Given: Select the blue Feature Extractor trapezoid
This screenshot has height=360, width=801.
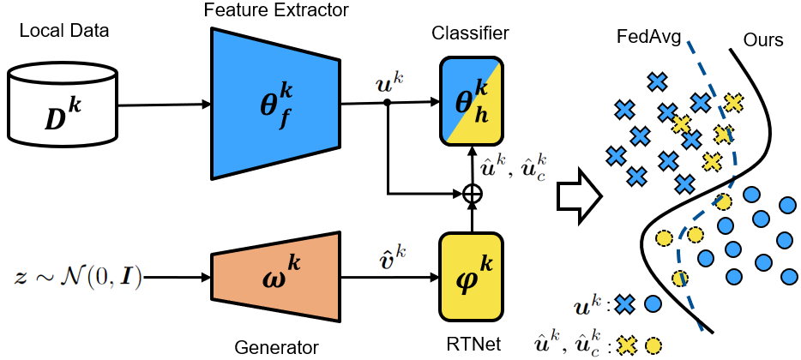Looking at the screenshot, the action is pos(275,103).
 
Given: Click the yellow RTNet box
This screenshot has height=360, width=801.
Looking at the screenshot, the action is pos(472,277).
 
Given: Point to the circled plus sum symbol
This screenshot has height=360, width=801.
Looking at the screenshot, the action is pos(472,194).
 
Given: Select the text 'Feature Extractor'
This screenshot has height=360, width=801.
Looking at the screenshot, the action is pos(276,9).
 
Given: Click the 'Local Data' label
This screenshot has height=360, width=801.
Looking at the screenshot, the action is pos(64,31).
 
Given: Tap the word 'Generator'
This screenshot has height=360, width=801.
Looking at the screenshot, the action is pos(276,348).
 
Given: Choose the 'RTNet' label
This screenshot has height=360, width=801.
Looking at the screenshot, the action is pos(472,345).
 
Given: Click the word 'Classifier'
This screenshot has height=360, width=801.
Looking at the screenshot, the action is pos(471,34).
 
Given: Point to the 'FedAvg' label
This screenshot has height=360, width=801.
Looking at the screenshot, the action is pos(648,39).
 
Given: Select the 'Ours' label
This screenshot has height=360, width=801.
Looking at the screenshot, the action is pos(763,39).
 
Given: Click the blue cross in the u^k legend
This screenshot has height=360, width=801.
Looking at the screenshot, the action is pos(625,304).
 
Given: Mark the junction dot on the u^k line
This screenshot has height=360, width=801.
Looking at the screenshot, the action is pos(388,103).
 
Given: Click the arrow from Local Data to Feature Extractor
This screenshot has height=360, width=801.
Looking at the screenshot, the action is pos(165,105).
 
